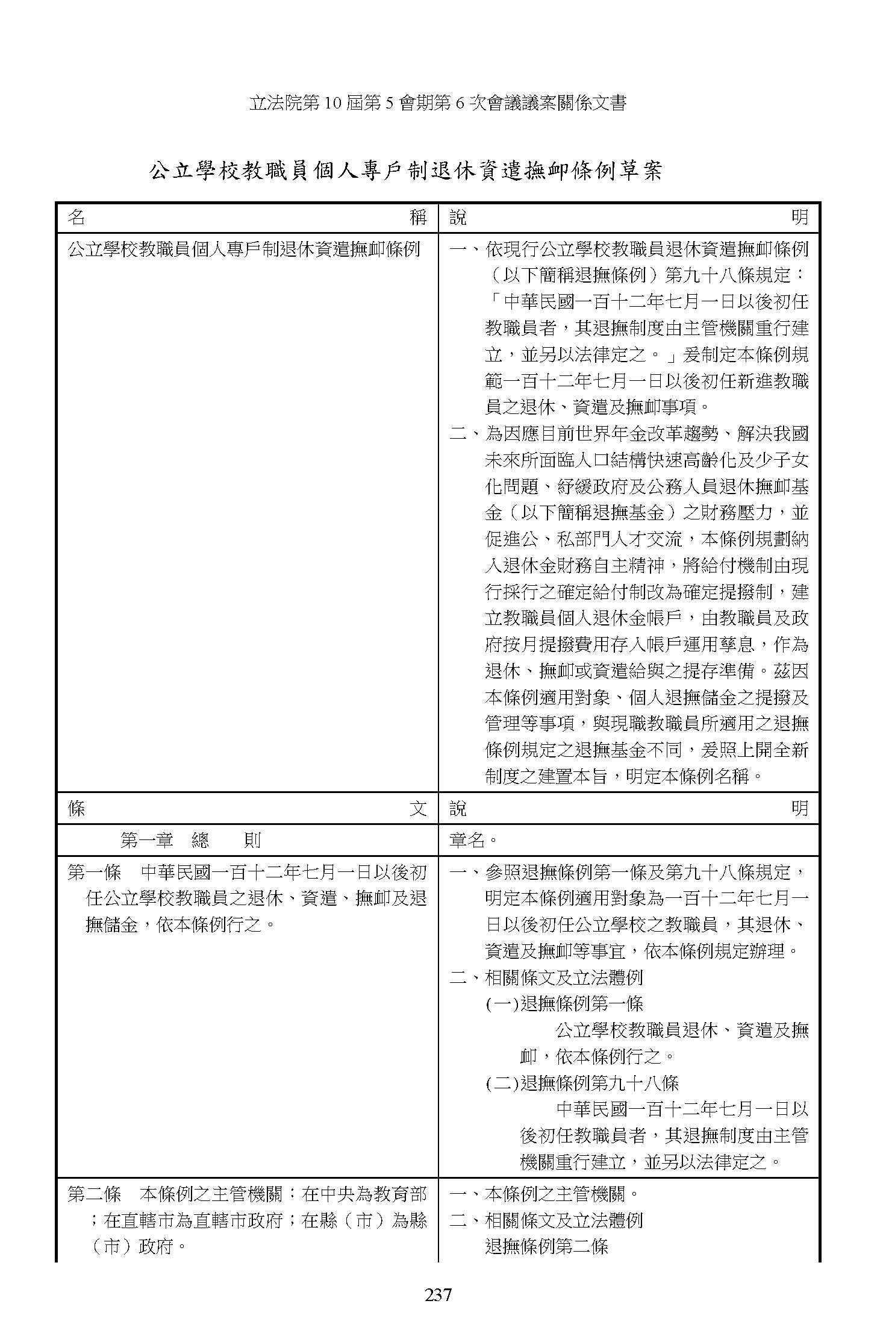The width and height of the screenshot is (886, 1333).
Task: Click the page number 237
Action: pos(438,1293)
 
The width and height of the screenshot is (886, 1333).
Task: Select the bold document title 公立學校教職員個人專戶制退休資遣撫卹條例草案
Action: pos(405,171)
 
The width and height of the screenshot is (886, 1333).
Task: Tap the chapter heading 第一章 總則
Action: pos(190,840)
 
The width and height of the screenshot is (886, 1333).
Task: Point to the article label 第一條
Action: pos(94,872)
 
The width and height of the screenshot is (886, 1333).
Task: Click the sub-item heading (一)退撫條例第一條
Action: pos(564,1003)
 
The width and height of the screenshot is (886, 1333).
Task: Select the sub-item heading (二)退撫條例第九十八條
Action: pos(582,1083)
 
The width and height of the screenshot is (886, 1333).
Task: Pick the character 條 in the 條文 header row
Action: pos(76,808)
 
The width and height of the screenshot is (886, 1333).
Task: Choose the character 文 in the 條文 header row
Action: pos(418,808)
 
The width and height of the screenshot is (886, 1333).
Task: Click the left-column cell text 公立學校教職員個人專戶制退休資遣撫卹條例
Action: pos(243,249)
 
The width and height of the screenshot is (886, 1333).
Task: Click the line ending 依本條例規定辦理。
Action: pos(641,951)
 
